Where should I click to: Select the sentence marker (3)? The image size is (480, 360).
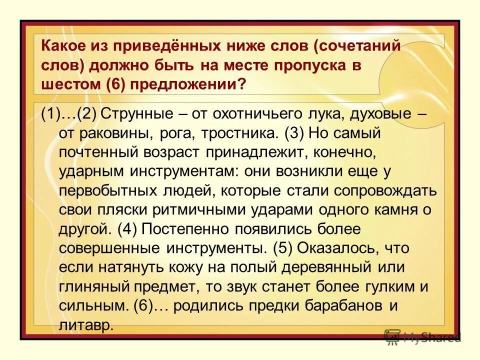point(293,134)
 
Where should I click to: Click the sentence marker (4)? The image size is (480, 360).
point(127,229)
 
